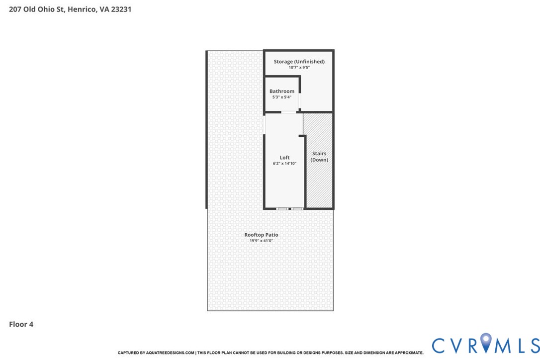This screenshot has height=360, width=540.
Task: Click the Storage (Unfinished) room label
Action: click(299, 62)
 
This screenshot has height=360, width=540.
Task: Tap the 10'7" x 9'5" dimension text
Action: click(299, 68)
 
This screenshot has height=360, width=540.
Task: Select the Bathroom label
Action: click(282, 91)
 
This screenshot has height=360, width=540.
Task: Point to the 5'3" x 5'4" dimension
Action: click(282, 97)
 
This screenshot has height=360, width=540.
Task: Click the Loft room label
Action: click(284, 158)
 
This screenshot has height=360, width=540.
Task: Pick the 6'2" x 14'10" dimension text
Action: click(284, 163)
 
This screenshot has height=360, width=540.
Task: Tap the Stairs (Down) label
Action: click(319, 157)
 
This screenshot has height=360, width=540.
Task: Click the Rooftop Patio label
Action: click(261, 235)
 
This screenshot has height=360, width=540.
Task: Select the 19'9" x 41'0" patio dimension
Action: click(261, 241)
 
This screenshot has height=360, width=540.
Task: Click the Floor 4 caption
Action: click(21, 324)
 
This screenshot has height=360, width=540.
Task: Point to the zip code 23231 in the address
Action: click(121, 9)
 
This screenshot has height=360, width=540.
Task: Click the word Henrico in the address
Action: click(82, 9)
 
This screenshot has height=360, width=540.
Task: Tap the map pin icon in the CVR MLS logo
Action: click(486, 343)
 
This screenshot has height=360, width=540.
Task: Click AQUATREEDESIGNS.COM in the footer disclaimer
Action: click(170, 353)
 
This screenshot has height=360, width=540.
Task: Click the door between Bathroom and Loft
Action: click(288, 112)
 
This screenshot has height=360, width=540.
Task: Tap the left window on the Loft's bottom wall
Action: click(282, 208)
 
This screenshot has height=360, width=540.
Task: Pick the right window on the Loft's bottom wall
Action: click(297, 208)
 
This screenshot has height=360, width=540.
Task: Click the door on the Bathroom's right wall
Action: click(300, 101)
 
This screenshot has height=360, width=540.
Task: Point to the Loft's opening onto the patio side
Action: click(264, 124)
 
